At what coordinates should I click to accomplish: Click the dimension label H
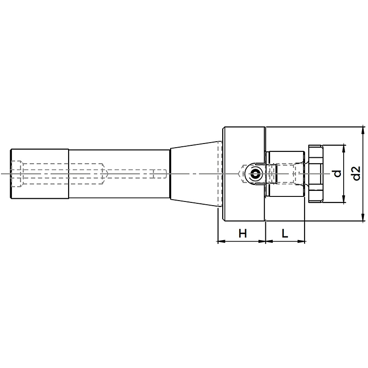tap(243, 234)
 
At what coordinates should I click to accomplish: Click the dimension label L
tap(285, 233)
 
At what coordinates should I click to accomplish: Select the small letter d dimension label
tap(337, 173)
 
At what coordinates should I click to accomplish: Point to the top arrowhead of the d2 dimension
tap(363, 131)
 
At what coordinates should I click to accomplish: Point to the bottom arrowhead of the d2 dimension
tap(363, 217)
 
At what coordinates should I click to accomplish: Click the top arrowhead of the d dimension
tap(344, 149)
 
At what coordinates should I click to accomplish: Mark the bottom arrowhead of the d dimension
tap(344, 199)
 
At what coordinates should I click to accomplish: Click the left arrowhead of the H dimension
tap(222, 241)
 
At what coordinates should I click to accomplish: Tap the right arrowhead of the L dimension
tap(301, 241)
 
